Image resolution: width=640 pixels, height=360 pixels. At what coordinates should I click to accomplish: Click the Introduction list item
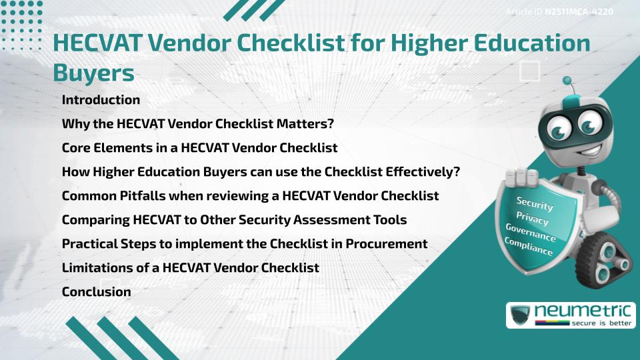(x=101, y=100)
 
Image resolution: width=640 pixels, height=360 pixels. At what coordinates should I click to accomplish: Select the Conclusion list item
(x=96, y=291)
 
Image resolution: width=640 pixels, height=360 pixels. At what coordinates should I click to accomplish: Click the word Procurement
(x=386, y=243)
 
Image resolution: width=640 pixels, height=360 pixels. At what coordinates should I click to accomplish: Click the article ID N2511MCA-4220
(x=579, y=12)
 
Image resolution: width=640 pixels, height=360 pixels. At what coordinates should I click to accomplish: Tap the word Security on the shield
(x=535, y=203)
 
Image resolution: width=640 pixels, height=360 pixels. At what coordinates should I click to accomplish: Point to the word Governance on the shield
(x=531, y=233)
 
